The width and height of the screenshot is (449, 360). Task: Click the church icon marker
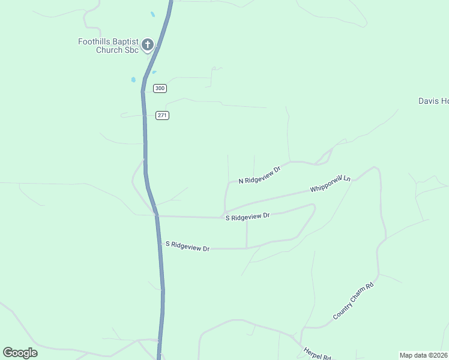click(148, 44)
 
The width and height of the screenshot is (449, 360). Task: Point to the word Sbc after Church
click(132, 50)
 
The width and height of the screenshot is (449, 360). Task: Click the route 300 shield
click(160, 88)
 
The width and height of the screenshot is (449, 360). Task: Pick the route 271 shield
click(162, 115)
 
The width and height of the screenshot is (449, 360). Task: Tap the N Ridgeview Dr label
click(259, 175)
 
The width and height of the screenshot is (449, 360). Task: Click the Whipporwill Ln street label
click(330, 184)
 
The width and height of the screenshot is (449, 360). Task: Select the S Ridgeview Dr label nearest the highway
click(187, 247)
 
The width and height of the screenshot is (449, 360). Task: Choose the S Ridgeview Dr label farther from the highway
click(248, 216)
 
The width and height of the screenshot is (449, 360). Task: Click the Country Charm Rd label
click(354, 301)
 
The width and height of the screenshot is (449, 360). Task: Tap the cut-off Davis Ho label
click(433, 101)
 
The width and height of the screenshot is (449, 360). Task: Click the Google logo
click(20, 352)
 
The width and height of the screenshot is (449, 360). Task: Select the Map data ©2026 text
click(423, 355)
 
